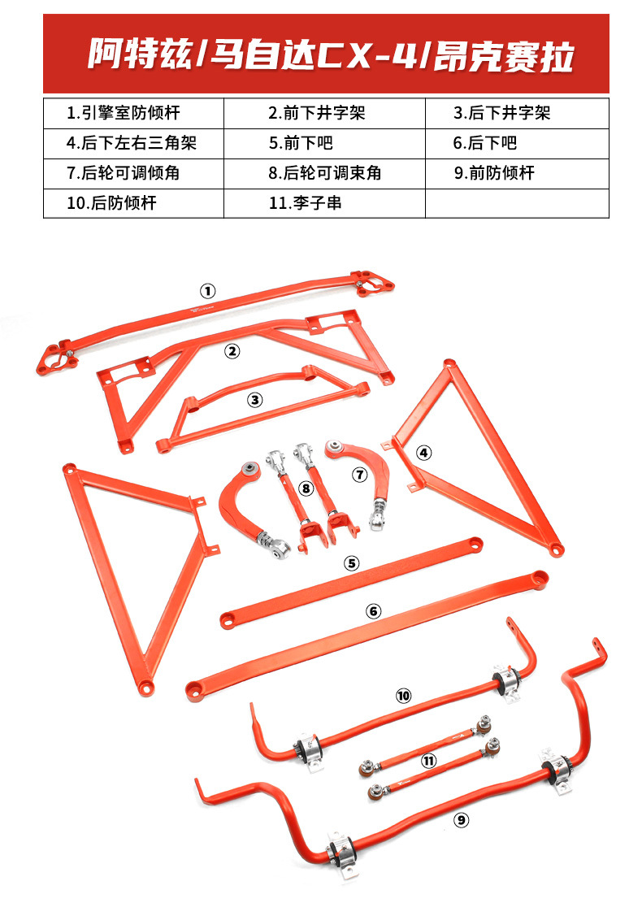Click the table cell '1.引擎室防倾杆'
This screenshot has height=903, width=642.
(133, 113)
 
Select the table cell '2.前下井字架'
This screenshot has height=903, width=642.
(323, 113)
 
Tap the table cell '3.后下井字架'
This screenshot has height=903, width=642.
(517, 113)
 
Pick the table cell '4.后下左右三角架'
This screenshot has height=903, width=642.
(133, 144)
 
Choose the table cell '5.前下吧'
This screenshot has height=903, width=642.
(323, 144)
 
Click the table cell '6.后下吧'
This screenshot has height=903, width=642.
(517, 144)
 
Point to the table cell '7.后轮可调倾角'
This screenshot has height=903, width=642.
(133, 173)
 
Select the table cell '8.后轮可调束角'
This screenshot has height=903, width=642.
(323, 173)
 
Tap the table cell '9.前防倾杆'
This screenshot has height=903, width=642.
(517, 173)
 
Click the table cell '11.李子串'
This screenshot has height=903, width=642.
(323, 203)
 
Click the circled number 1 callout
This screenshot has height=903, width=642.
(208, 290)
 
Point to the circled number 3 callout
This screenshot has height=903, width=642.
(255, 399)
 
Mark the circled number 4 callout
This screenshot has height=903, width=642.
(423, 453)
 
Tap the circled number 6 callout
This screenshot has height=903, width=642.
(373, 611)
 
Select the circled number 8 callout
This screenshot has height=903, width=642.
(306, 488)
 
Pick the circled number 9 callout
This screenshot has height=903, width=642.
(462, 821)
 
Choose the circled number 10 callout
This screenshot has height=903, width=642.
(404, 696)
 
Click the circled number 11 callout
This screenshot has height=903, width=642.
(429, 761)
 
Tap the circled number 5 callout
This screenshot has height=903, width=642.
(351, 562)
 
